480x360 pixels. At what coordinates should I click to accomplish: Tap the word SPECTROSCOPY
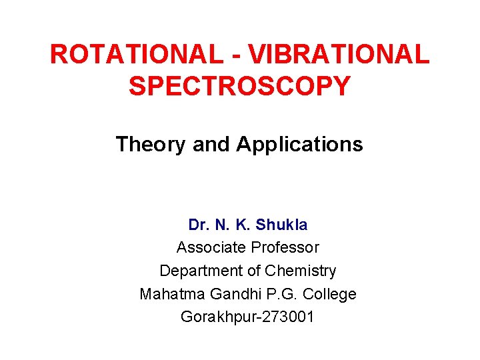(239, 86)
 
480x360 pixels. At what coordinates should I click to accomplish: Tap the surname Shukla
(282, 225)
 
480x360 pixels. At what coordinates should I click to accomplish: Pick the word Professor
(284, 247)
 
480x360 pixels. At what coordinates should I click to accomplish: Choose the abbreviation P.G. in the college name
(273, 294)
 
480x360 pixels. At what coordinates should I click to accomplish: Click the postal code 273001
(284, 317)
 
